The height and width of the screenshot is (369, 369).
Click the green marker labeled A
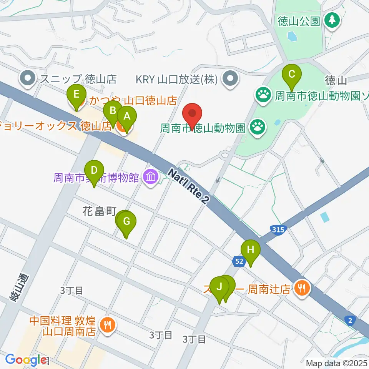[x=126, y=115]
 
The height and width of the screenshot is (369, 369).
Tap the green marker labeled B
[x=113, y=111]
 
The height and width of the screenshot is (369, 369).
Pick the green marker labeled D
[x=95, y=170]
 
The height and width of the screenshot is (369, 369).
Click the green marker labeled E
[x=76, y=94]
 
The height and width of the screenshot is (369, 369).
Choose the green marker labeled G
[x=127, y=221]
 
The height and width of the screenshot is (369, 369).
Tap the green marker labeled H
[x=251, y=250]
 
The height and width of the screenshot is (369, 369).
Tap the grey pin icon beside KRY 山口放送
[x=230, y=80]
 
